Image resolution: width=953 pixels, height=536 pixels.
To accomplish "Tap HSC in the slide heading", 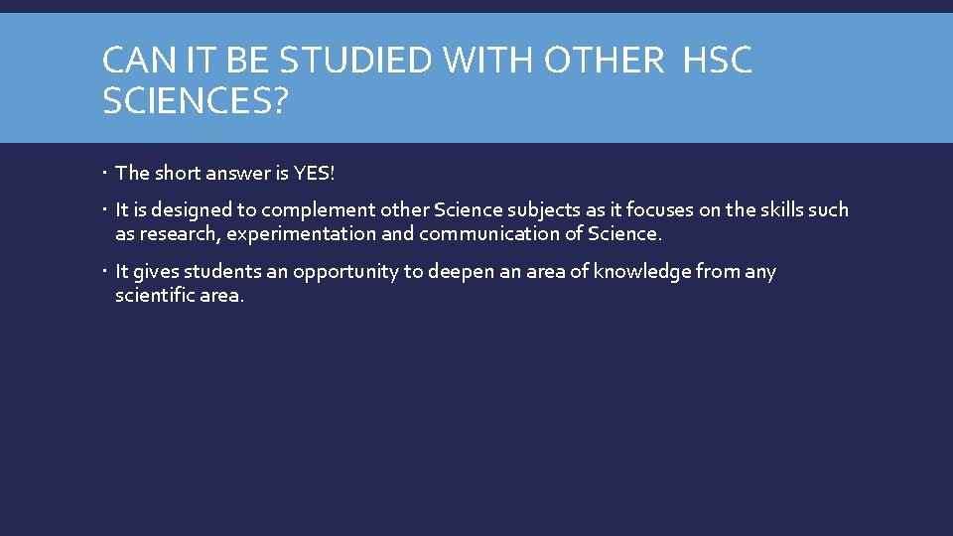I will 718,61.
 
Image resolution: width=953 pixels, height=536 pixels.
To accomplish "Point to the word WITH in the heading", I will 497,61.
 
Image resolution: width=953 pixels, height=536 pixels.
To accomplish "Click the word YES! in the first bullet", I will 315,174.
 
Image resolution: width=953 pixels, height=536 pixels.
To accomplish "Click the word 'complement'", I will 309,210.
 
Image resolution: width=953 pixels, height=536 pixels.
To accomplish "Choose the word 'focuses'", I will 645,210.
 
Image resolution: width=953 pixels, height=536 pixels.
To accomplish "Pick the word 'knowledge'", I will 643,272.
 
